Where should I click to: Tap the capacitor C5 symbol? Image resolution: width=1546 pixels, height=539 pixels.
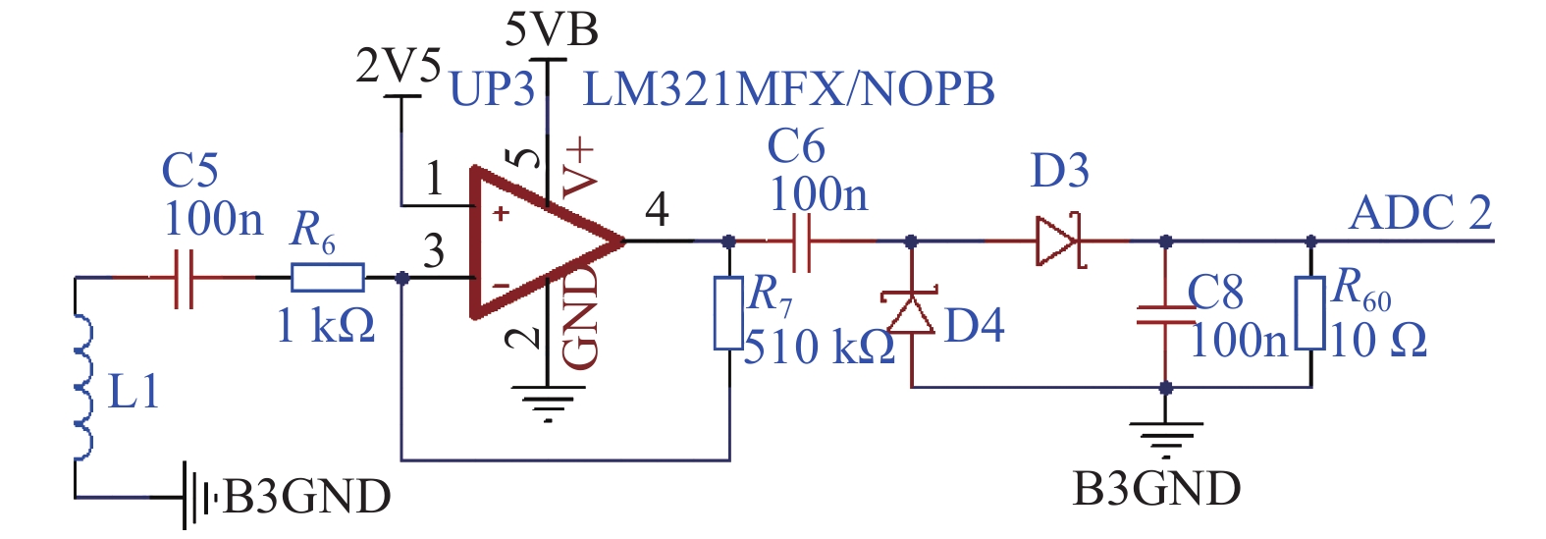point(184,278)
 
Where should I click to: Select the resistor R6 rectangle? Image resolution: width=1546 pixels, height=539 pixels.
point(327,278)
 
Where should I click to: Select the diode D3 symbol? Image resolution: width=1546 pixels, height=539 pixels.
point(1059,242)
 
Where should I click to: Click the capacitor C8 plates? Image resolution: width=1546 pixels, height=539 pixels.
point(1166,315)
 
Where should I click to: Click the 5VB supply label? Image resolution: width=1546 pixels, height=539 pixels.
point(552,30)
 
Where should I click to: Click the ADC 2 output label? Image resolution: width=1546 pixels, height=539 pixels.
point(1420,213)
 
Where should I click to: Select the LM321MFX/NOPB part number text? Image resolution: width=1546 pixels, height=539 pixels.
point(789,89)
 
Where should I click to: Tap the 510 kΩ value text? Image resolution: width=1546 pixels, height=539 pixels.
point(820,347)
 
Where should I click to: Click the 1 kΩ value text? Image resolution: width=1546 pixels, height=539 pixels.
point(326,326)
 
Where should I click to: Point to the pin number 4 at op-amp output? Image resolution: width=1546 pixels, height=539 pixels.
point(657,210)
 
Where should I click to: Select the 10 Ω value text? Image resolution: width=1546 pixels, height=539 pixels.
point(1377,341)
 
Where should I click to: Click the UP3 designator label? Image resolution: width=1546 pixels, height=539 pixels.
point(492,89)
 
